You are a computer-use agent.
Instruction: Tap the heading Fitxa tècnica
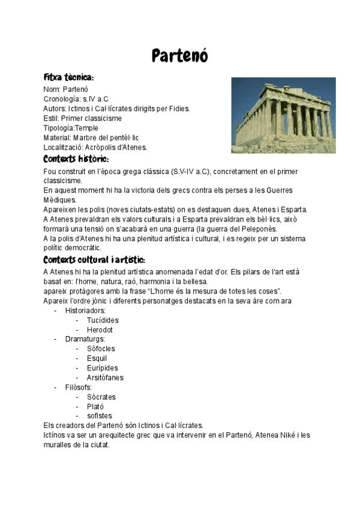pyautogui.click(x=68, y=78)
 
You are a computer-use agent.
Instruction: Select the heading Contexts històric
pyautogui.click(x=76, y=159)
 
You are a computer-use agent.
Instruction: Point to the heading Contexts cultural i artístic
pyautogui.click(x=94, y=260)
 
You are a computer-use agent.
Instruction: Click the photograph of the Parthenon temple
pyautogui.click(x=283, y=115)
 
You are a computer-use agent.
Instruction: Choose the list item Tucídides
pyautogui.click(x=103, y=320)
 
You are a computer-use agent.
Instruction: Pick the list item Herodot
pyautogui.click(x=100, y=330)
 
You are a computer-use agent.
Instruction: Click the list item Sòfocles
pyautogui.click(x=101, y=349)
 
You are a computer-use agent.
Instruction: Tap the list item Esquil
pyautogui.click(x=97, y=358)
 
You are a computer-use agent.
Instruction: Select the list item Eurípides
pyautogui.click(x=102, y=368)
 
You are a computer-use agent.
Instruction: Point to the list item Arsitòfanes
pyautogui.click(x=105, y=378)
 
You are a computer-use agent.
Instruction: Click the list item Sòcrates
pyautogui.click(x=101, y=397)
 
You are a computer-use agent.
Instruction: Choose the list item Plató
pyautogui.click(x=95, y=406)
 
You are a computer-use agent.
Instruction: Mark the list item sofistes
pyautogui.click(x=99, y=416)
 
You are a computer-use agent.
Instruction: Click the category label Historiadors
pyautogui.click(x=85, y=310)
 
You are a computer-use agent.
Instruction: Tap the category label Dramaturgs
pyautogui.click(x=85, y=339)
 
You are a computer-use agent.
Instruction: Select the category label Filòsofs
pyautogui.click(x=79, y=387)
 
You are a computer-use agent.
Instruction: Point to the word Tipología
pyautogui.click(x=59, y=128)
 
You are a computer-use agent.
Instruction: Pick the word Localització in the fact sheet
pyautogui.click(x=63, y=147)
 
